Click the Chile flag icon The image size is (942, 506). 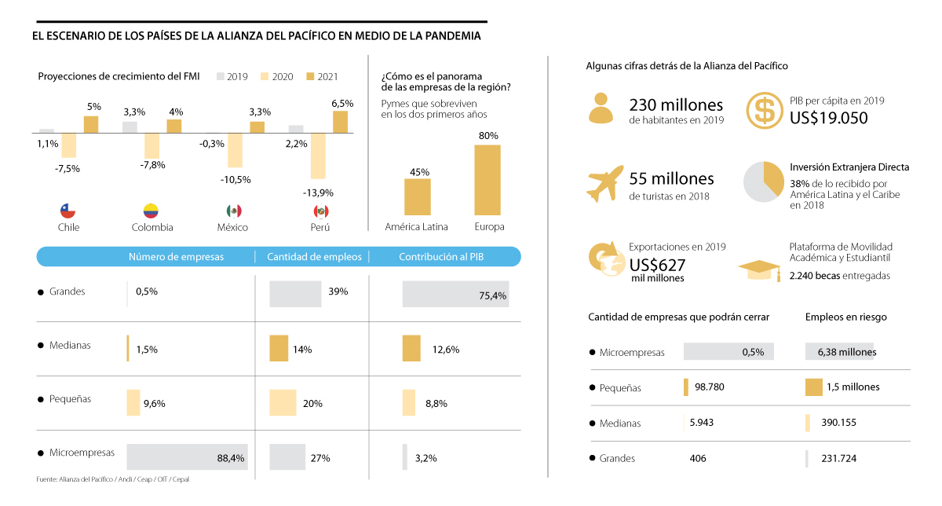(68, 211)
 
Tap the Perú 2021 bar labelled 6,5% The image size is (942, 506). (340, 122)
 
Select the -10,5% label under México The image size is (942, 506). (235, 179)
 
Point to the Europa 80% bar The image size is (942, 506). (487, 179)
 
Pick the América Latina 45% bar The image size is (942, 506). (417, 196)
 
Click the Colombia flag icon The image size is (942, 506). (151, 211)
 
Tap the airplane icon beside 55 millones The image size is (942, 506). (605, 184)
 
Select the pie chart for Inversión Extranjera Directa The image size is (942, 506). (762, 181)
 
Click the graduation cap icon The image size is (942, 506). (759, 269)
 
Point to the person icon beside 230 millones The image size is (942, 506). (601, 108)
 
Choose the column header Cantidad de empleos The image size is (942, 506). (314, 257)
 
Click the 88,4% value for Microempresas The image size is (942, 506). (231, 458)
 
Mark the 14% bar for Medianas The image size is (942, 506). (279, 349)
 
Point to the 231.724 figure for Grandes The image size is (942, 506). (838, 458)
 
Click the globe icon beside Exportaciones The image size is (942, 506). (605, 258)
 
